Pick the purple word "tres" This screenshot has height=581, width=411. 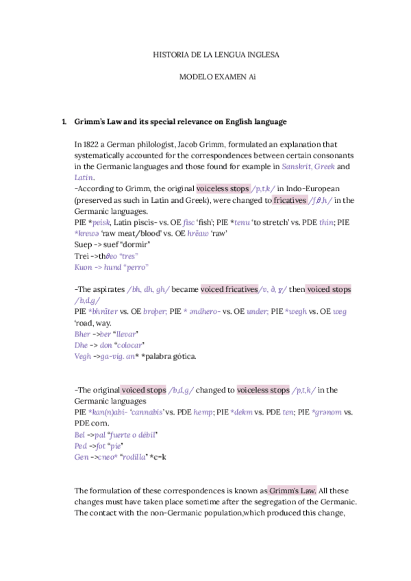tap(125, 256)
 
